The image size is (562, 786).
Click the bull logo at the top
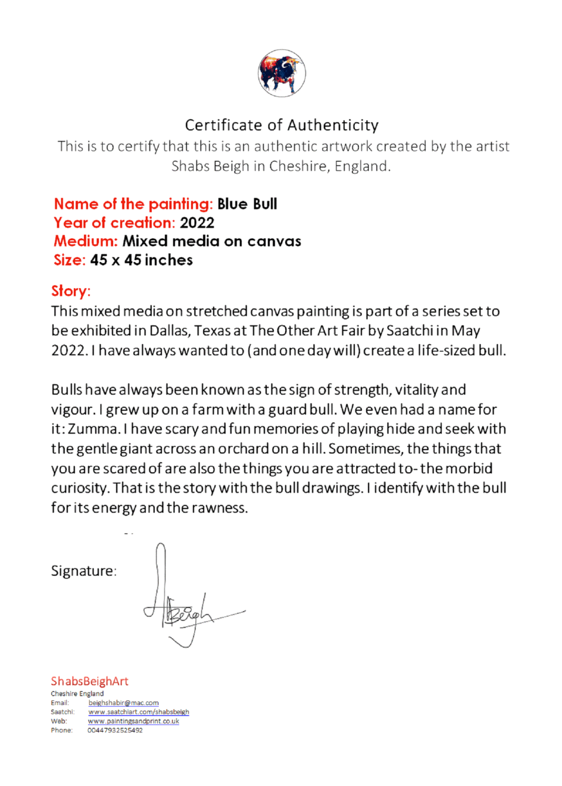(x=282, y=73)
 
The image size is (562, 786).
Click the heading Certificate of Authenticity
(x=282, y=125)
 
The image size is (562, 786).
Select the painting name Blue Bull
(x=247, y=204)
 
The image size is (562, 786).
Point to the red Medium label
(x=86, y=241)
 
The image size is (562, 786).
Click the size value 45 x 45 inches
(x=142, y=260)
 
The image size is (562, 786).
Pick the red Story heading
(x=71, y=291)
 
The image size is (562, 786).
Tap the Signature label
(x=83, y=571)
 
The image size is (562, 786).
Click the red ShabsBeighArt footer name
(x=89, y=681)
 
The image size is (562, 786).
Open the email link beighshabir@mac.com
(x=124, y=703)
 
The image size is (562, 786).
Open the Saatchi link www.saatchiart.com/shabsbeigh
(x=139, y=712)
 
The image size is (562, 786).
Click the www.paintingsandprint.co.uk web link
(x=133, y=721)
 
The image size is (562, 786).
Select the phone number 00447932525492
(x=115, y=730)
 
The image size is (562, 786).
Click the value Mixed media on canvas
(x=212, y=241)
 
